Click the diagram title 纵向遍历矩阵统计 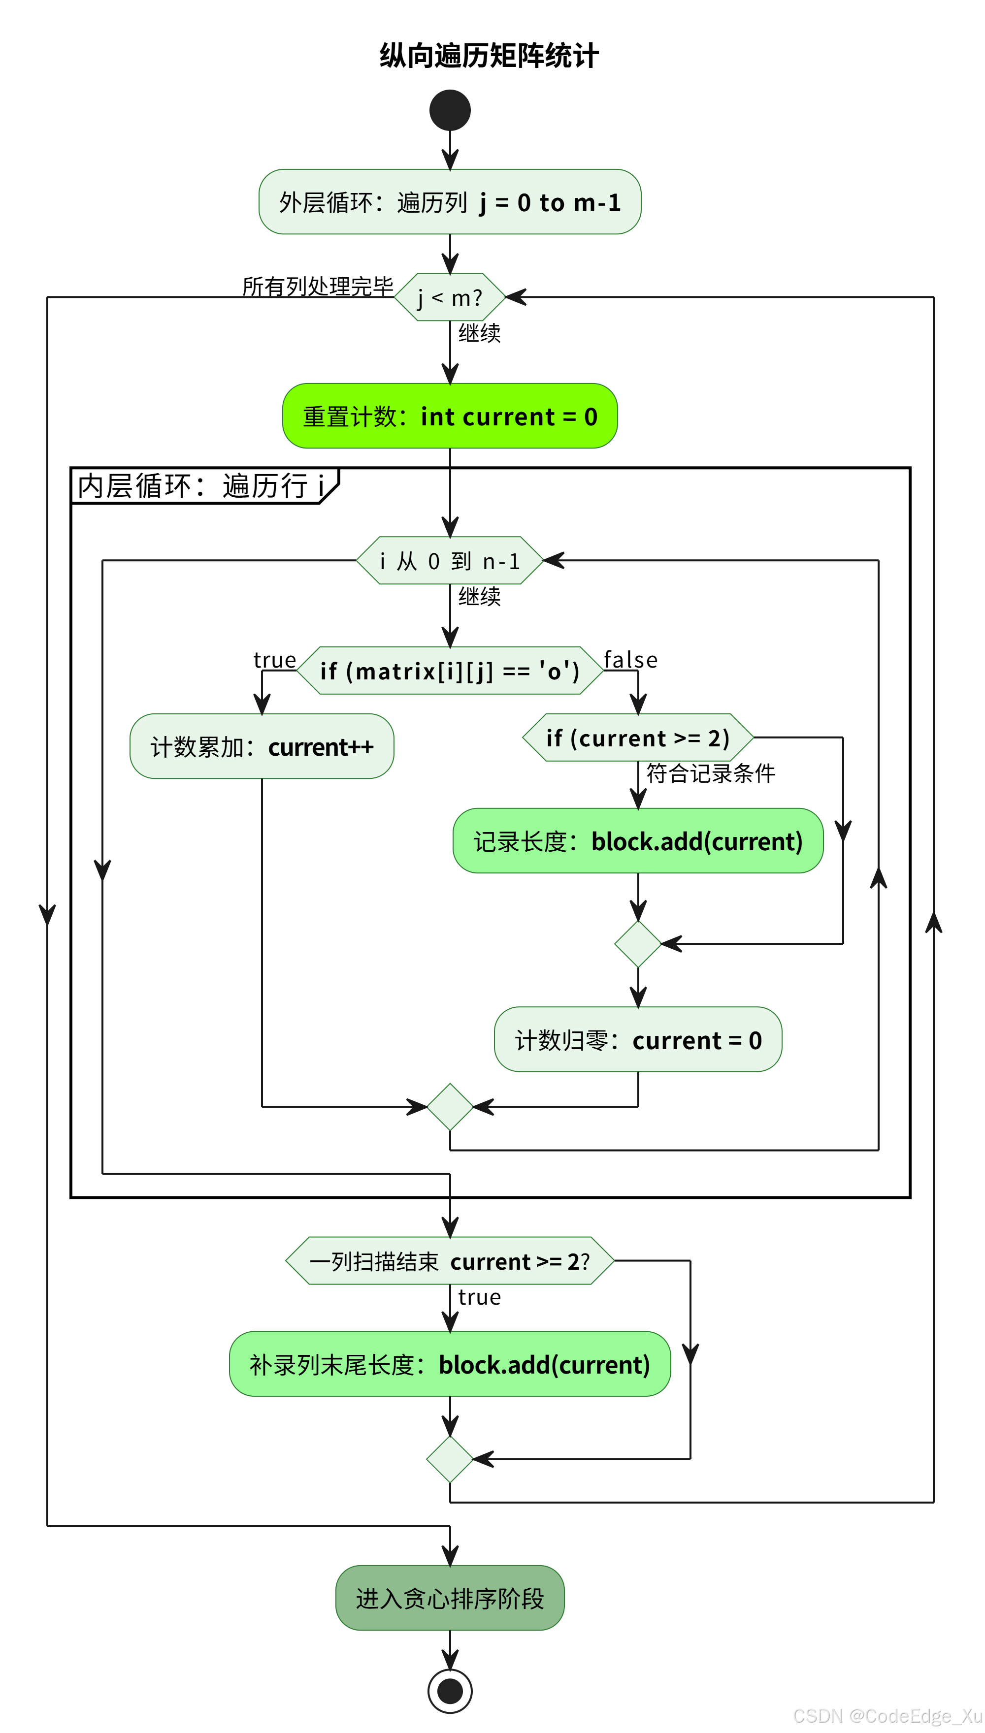click(x=489, y=56)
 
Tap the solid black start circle click(x=450, y=110)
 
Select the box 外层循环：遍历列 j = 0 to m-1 click(x=450, y=202)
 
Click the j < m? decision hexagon click(x=450, y=297)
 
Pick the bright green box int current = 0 click(x=450, y=416)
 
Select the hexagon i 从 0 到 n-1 click(x=450, y=561)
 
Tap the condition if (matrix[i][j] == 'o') click(x=450, y=671)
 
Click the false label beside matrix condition click(x=630, y=659)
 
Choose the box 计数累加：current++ click(x=262, y=746)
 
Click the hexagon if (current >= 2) click(x=638, y=738)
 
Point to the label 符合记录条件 click(x=710, y=773)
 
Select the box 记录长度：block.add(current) click(x=638, y=841)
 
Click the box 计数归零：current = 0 click(x=638, y=1040)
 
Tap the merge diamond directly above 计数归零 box click(x=638, y=944)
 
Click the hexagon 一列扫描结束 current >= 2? click(x=450, y=1261)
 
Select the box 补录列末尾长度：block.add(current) click(x=450, y=1365)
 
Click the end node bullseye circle click(x=450, y=1691)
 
